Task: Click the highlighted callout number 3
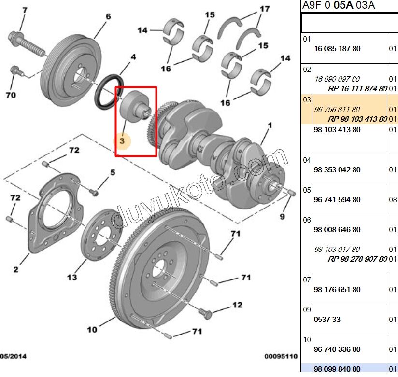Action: point(122,141)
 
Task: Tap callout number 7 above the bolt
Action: point(25,10)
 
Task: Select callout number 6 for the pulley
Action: point(108,17)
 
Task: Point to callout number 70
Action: point(10,95)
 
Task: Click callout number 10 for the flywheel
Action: point(92,330)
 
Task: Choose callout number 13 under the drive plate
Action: point(71,277)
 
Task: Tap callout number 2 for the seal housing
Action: point(15,269)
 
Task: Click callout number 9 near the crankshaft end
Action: point(282,216)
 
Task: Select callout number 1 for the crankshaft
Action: point(270,126)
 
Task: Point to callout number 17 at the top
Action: point(264,9)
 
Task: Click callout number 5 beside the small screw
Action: point(112,172)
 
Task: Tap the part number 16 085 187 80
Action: point(337,49)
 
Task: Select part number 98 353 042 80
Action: point(337,170)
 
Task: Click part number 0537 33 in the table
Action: point(327,320)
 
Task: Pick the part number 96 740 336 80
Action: point(337,349)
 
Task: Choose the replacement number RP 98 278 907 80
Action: point(357,259)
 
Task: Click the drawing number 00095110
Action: point(280,357)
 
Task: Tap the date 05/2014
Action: point(13,357)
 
